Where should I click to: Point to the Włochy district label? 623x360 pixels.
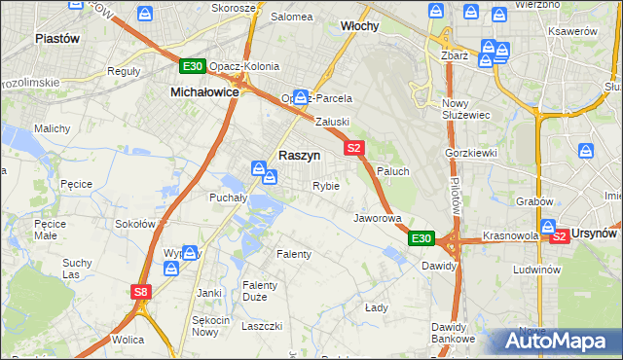pyautogui.click(x=359, y=26)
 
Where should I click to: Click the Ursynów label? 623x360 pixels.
pyautogui.click(x=596, y=234)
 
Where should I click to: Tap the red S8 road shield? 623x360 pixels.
pyautogui.click(x=142, y=291)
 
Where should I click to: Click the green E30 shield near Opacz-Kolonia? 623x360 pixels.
pyautogui.click(x=192, y=66)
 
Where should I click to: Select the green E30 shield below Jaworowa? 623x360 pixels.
pyautogui.click(x=421, y=237)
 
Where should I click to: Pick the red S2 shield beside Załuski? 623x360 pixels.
pyautogui.click(x=353, y=148)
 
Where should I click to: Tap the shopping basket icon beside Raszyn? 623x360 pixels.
pyautogui.click(x=260, y=168)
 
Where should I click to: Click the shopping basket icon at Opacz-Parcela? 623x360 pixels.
pyautogui.click(x=301, y=97)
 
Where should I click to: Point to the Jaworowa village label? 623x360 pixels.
pyautogui.click(x=377, y=218)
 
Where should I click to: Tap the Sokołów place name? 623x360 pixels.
pyautogui.click(x=135, y=223)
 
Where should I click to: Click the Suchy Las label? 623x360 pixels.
pyautogui.click(x=76, y=269)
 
